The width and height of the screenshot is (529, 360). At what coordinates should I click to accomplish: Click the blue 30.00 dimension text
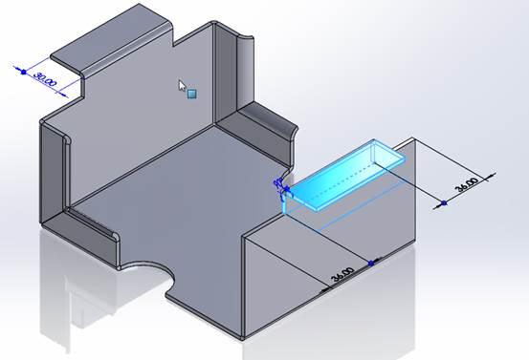45,79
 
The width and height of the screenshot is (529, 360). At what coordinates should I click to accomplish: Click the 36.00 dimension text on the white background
467,184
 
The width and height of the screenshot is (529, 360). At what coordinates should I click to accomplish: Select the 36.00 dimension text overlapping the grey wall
342,274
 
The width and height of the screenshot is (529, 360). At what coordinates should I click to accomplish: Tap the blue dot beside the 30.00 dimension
24,72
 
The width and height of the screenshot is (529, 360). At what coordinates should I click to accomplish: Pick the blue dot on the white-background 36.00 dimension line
444,203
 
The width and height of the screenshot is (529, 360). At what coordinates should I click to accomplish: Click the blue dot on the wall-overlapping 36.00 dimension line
371,264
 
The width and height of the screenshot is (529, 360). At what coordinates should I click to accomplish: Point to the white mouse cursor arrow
182,86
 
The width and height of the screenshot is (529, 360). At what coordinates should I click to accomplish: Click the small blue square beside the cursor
192,94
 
